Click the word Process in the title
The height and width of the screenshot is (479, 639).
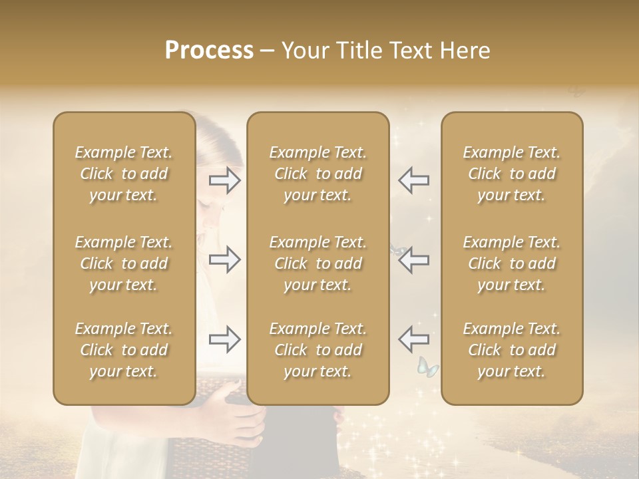tap(209, 51)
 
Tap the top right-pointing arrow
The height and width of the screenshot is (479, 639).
tap(224, 180)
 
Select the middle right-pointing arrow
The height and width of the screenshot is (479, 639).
tap(224, 259)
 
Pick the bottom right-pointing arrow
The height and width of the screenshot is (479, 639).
tap(224, 339)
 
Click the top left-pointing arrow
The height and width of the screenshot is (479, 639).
tap(413, 180)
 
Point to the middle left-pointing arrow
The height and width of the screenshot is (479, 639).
tap(413, 259)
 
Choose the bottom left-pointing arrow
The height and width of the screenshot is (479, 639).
tap(413, 339)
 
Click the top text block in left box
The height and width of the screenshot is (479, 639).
tap(124, 174)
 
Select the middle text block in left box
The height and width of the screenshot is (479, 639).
tap(124, 263)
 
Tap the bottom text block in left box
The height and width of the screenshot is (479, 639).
tap(124, 350)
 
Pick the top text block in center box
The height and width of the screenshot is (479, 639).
tap(318, 174)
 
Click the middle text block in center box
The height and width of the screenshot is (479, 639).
tap(318, 263)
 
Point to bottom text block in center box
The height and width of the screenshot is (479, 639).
tap(318, 350)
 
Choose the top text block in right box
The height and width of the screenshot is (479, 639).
tap(512, 174)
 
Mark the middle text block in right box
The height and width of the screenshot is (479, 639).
tap(512, 263)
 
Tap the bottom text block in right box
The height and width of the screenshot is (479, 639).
tap(512, 350)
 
